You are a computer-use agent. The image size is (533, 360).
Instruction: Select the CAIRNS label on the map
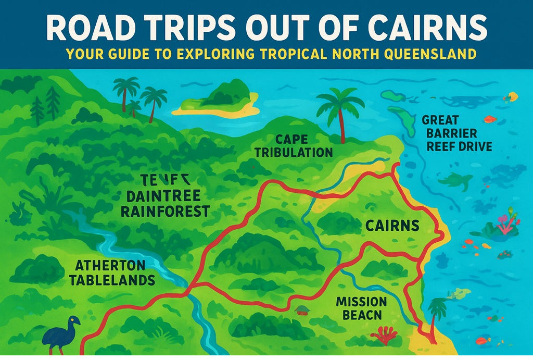[392, 226]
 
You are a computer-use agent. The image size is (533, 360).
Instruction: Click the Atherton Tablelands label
[115, 272]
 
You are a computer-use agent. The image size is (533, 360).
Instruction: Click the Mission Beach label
[361, 308]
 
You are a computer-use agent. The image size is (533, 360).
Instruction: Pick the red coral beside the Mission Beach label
[385, 336]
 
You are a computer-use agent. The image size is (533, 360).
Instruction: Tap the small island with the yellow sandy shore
[218, 102]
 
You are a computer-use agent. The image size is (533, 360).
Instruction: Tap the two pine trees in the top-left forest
[45, 104]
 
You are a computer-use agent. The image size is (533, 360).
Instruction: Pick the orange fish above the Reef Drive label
[489, 119]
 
